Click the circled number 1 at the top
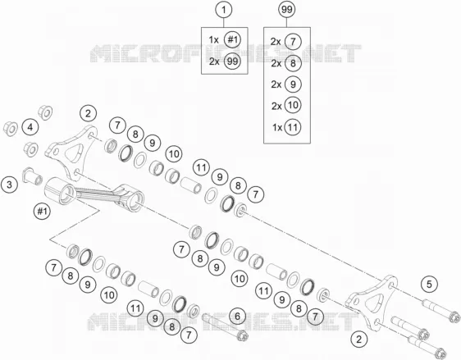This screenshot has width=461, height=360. [x=224, y=10]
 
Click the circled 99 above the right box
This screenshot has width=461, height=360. [x=286, y=10]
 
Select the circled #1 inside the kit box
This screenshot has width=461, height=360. [x=232, y=39]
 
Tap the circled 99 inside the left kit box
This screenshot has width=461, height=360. [x=232, y=62]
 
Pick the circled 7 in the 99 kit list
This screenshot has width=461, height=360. [x=293, y=41]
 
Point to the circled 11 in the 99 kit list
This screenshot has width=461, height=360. [x=293, y=127]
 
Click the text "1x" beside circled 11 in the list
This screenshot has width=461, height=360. [x=277, y=128]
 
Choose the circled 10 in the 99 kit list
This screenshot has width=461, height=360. [x=293, y=105]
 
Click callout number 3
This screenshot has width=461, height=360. [x=9, y=185]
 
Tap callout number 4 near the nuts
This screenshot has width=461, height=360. [x=30, y=127]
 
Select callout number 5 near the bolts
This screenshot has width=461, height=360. [x=429, y=285]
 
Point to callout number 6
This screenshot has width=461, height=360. [x=237, y=317]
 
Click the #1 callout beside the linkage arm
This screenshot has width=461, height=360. [x=42, y=211]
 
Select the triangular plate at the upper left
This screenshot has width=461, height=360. [x=71, y=153]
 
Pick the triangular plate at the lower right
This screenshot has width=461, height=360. [x=372, y=303]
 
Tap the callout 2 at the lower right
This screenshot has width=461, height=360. [x=358, y=339]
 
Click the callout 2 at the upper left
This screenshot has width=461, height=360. [x=89, y=113]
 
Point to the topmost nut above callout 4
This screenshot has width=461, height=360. [x=46, y=112]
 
